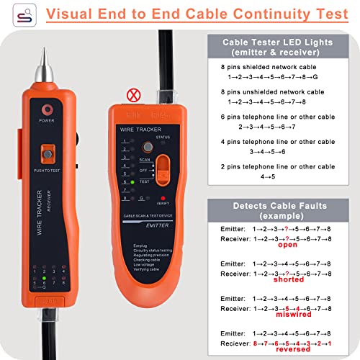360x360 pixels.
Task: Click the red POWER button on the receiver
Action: [48, 110]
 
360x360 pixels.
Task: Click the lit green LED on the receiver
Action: [44, 278]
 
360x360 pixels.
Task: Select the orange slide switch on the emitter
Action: [164, 170]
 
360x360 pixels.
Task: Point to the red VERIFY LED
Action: [164, 197]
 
